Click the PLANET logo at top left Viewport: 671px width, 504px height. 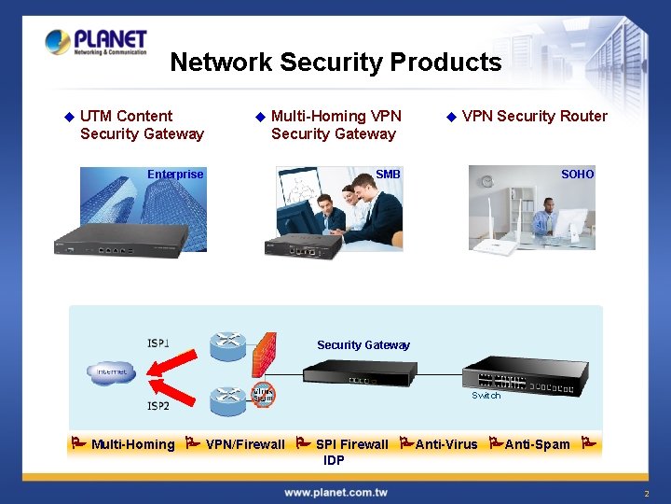coord(96,42)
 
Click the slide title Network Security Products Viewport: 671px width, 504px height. coord(335,63)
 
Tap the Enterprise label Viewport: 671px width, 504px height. coord(175,174)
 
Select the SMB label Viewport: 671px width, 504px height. coord(388,174)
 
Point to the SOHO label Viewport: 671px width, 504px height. coord(577,174)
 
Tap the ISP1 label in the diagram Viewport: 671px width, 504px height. coord(158,343)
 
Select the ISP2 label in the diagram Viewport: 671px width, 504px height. coord(158,406)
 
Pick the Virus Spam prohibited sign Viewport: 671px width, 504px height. coord(264,395)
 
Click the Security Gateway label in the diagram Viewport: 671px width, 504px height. coord(363,345)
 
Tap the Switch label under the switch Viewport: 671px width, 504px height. coord(486,396)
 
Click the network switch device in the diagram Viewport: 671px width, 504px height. coord(510,375)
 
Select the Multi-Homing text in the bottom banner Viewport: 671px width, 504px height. coord(132,444)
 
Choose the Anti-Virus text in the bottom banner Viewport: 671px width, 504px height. coord(446,444)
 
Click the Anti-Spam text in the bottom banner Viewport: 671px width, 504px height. coord(537,444)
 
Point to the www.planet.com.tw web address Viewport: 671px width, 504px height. coord(336,492)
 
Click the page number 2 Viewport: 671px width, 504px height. coord(646,493)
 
